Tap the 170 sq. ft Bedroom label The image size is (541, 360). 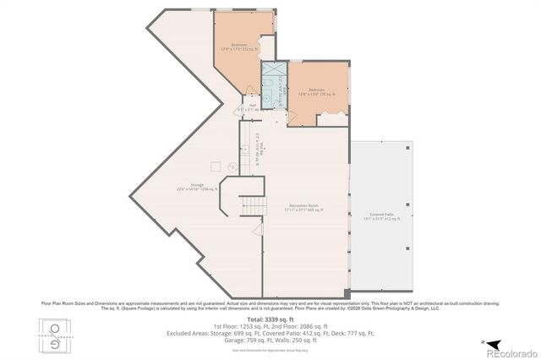click(317, 91)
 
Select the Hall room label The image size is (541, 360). click(241, 107)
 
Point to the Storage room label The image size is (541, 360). click(197, 187)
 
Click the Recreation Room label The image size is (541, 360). click(303, 210)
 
